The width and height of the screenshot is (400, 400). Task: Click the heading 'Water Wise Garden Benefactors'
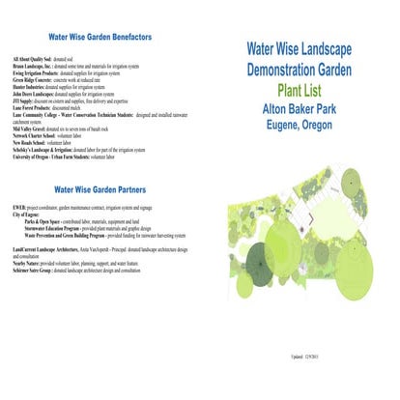tap(99, 37)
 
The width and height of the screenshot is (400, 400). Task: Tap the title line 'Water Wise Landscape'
tap(299, 48)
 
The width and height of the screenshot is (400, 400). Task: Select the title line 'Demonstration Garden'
tap(299, 70)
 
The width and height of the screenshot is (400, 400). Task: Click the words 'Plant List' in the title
tap(298, 91)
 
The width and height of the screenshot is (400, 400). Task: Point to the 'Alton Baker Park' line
tap(298, 109)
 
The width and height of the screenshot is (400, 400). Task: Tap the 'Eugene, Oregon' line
tap(298, 127)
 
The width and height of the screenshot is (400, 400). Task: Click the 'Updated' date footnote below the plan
tap(342, 371)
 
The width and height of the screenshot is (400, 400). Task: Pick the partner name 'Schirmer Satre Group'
tap(32, 267)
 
